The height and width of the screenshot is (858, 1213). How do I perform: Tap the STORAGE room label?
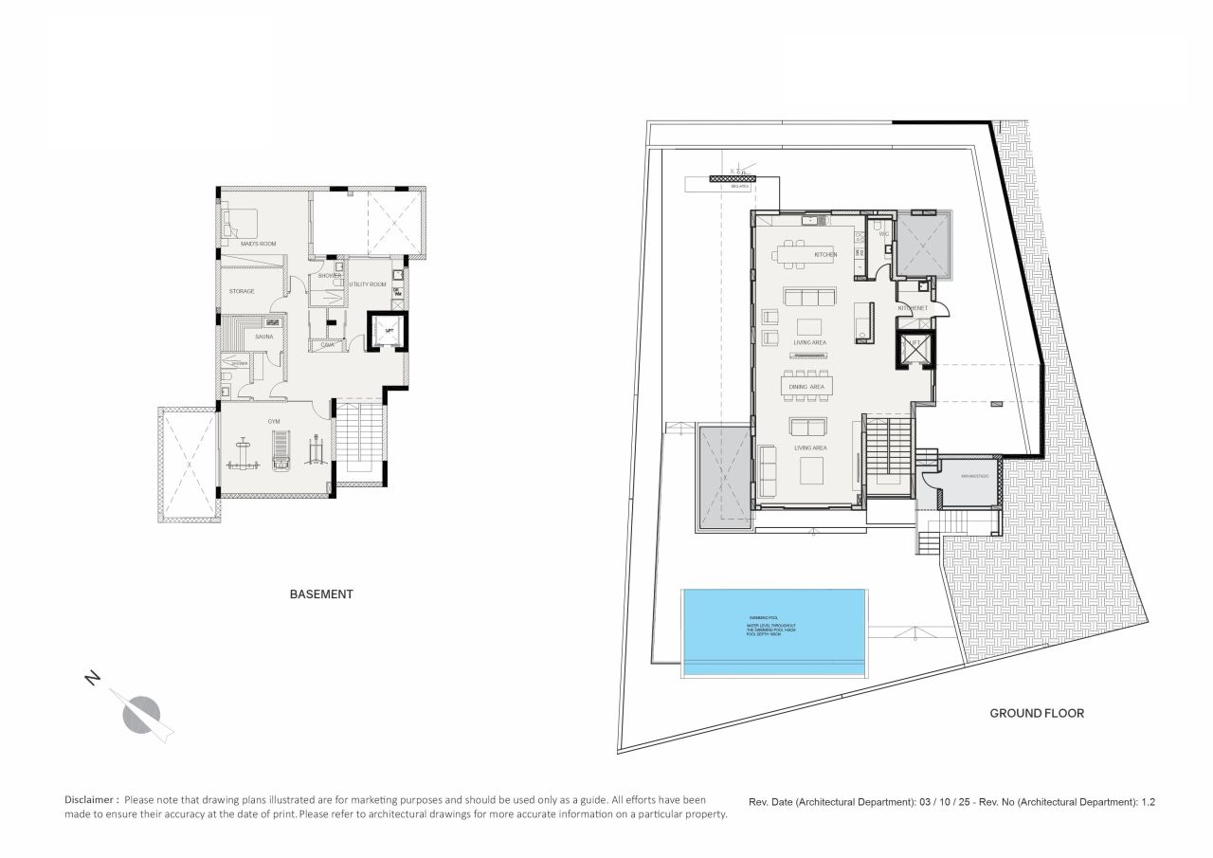pos(242,291)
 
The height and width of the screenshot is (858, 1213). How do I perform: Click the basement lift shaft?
pos(386,330)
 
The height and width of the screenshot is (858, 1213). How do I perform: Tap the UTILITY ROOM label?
pos(368,284)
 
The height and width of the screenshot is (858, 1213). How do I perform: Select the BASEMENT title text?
pos(321,594)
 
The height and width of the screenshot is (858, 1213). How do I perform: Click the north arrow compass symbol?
pos(142,712)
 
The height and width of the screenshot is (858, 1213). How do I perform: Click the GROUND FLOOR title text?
pos(1037,713)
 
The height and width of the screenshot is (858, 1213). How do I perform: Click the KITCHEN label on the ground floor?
pos(825,254)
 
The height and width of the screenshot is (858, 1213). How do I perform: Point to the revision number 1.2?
pos(1148,802)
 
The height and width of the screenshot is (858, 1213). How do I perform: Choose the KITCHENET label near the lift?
pos(913,309)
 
